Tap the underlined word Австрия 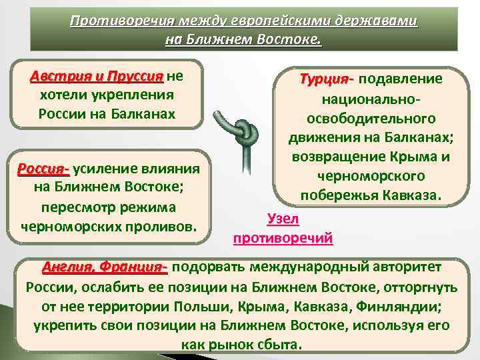(59, 76)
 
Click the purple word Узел (283, 219)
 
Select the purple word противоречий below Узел (283, 237)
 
